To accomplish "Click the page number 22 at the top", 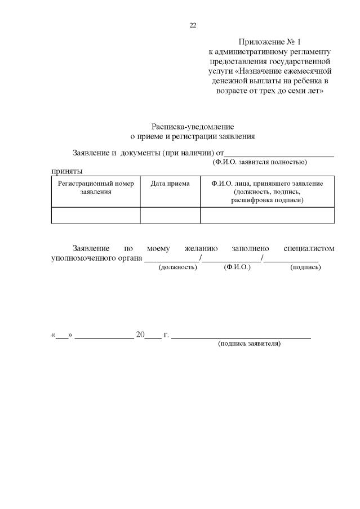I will tap(193, 25).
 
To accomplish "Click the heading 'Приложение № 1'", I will tap(270, 42).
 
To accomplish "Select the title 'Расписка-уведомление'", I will tap(193, 127).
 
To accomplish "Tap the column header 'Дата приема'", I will tap(170, 184).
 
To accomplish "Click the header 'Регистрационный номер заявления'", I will tap(96, 187).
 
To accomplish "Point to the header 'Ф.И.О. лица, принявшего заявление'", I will tap(267, 184).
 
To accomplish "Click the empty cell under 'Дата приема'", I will tap(170, 215).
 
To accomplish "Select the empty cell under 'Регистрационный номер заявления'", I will tap(96, 215).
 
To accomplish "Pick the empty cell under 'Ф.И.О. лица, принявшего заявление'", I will tap(267, 215).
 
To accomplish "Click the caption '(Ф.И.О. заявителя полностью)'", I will tap(259, 162).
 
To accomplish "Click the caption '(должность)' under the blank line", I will tap(177, 267).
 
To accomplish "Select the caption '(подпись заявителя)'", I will tap(249, 343).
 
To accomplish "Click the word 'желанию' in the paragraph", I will tap(197, 248).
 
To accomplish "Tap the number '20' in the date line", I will tap(140, 334).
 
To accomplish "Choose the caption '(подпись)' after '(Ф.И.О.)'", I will tap(305, 267).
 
